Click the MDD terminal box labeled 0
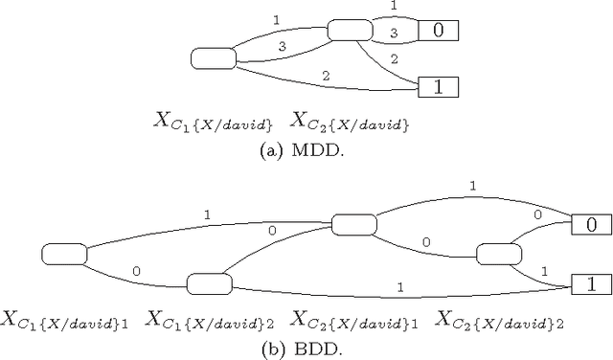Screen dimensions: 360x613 point(440,31)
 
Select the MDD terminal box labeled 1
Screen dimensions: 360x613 point(440,86)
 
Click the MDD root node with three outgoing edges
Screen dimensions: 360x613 point(213,59)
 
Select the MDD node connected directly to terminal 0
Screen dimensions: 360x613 point(349,31)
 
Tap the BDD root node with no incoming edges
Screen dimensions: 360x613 point(64,254)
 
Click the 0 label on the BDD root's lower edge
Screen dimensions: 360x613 point(137,271)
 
